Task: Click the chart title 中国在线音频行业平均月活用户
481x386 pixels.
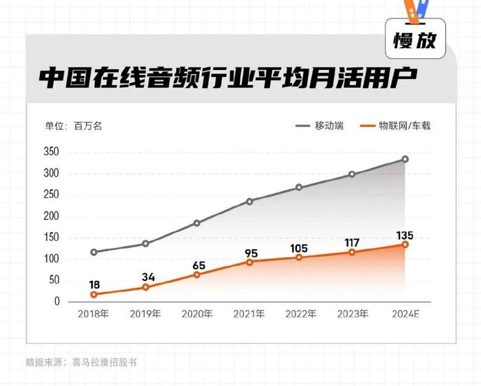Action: point(227,76)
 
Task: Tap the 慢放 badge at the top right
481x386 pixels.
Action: point(414,41)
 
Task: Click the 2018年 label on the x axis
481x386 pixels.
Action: point(93,314)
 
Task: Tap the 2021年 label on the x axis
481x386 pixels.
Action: point(249,314)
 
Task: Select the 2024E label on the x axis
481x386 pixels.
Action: point(405,314)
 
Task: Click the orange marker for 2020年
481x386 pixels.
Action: point(197,274)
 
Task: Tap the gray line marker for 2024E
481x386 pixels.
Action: point(405,159)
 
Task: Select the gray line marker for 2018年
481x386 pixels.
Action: point(93,252)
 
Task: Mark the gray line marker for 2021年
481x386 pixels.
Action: point(249,201)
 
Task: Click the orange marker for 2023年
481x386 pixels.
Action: point(353,252)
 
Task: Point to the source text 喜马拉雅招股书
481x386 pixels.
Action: point(104,361)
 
